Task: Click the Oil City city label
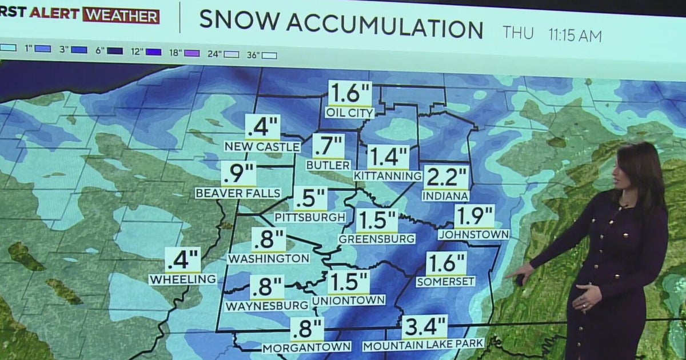(x=350, y=113)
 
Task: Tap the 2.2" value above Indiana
(x=446, y=178)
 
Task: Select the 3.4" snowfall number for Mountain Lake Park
(x=424, y=327)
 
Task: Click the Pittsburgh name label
(x=310, y=217)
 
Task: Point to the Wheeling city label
(x=183, y=279)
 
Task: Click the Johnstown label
(x=474, y=234)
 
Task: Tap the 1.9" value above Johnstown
(x=474, y=217)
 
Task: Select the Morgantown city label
(x=306, y=347)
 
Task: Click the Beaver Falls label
(x=238, y=193)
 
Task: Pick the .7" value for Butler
(x=329, y=146)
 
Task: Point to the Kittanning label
(x=388, y=175)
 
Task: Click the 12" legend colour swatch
(x=153, y=51)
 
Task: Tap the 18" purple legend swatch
(x=192, y=53)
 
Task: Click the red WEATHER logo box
(x=121, y=15)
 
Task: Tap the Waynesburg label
(x=266, y=306)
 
